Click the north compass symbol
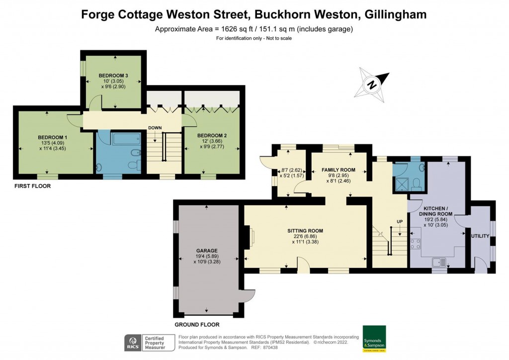371,84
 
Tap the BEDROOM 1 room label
52,137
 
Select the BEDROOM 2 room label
212,135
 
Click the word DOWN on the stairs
155,128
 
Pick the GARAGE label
206,250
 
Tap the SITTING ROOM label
305,231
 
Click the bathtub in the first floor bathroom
128,139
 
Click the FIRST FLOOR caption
32,186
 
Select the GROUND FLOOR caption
196,324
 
